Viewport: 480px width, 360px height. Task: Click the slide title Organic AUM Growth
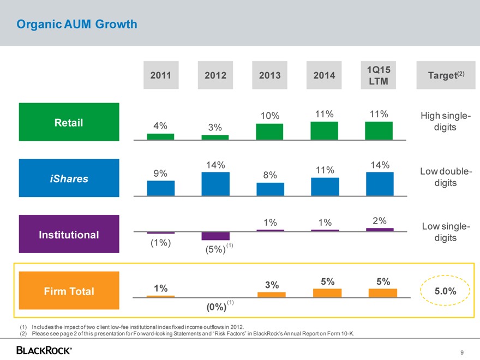point(77,25)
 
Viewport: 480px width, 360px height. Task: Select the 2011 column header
point(160,75)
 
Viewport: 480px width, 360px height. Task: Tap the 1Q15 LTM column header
point(378,75)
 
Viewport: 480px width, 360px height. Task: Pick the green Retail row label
point(69,122)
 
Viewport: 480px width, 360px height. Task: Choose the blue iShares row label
point(69,178)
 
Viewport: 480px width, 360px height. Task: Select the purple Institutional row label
point(69,235)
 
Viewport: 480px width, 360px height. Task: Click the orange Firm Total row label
point(69,291)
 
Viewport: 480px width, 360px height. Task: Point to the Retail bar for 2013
point(269,131)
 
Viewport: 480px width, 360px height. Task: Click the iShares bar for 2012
point(215,184)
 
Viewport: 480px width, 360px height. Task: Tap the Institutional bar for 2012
point(215,236)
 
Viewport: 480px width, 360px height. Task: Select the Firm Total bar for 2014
point(327,292)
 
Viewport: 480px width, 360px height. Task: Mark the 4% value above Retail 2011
point(160,125)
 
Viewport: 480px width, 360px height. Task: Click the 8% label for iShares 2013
point(270,175)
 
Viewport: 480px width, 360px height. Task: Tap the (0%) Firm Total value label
point(216,307)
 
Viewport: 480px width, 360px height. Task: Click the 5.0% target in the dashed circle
point(446,291)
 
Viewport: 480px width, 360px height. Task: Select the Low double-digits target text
point(446,177)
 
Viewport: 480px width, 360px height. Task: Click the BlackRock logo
point(44,350)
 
